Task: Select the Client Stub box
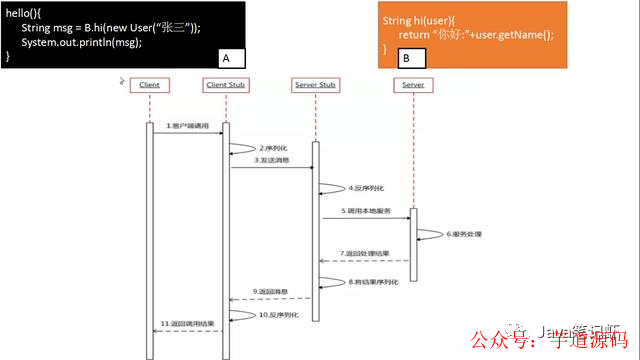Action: click(x=225, y=85)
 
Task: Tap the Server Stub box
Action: click(x=315, y=85)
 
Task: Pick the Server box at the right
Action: click(x=414, y=85)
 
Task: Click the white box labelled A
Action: click(x=227, y=59)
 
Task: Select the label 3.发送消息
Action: click(x=271, y=160)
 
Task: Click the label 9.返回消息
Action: click(x=270, y=292)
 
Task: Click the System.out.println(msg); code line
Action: click(x=84, y=41)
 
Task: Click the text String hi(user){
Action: click(x=420, y=20)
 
